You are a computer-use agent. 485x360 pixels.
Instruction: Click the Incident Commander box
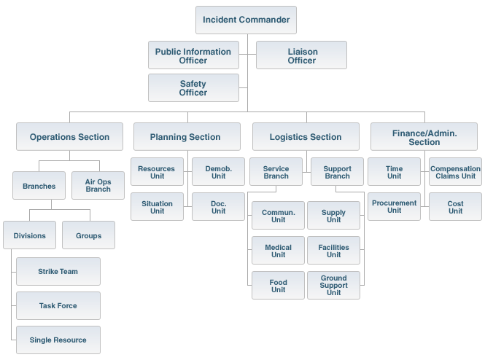[246, 20]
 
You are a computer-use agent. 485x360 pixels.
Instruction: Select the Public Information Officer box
[193, 55]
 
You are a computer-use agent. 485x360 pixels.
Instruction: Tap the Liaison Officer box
[301, 55]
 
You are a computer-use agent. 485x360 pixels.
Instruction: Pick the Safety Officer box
[193, 87]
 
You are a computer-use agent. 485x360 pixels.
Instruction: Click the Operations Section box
[69, 136]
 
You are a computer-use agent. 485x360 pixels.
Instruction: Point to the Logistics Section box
[306, 136]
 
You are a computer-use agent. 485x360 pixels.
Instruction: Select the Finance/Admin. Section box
[424, 136]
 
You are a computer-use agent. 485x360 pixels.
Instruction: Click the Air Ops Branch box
[98, 185]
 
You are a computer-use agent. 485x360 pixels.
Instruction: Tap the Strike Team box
[58, 271]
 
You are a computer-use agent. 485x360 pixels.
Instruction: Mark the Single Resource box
[58, 340]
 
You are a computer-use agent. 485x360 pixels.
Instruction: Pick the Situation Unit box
[157, 207]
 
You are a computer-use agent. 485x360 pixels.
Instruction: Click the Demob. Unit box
[219, 171]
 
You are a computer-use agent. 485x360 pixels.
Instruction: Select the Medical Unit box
[278, 251]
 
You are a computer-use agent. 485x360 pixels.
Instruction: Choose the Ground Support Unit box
[333, 285]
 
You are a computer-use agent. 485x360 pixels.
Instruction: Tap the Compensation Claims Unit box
[455, 172]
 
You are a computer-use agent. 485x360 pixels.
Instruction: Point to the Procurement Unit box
[394, 206]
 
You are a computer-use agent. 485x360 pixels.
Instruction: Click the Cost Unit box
[455, 206]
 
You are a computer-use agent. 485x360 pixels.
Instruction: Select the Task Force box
[58, 305]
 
